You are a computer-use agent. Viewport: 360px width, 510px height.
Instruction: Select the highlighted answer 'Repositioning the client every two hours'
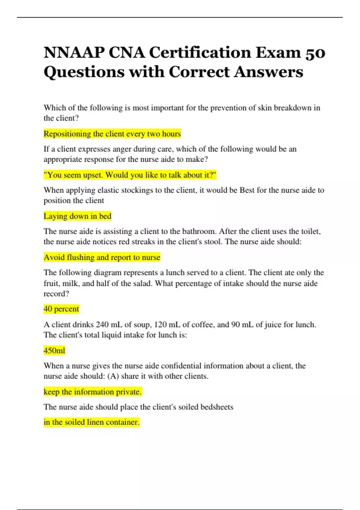tap(112, 134)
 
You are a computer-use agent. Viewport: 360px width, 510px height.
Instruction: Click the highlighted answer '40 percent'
tap(61, 309)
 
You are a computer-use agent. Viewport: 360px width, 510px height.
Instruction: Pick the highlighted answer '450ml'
tap(54, 350)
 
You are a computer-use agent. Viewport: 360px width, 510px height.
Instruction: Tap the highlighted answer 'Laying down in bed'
tap(77, 216)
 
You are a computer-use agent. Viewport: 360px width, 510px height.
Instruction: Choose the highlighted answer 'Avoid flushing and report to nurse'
tap(102, 257)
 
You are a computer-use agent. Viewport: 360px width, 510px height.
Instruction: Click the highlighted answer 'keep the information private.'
tap(92, 392)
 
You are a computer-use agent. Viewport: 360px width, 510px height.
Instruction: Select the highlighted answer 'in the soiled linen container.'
tap(91, 422)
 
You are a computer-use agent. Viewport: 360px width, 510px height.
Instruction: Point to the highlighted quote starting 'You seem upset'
tap(130, 175)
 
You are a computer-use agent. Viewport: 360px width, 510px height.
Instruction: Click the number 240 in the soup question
tap(102, 325)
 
